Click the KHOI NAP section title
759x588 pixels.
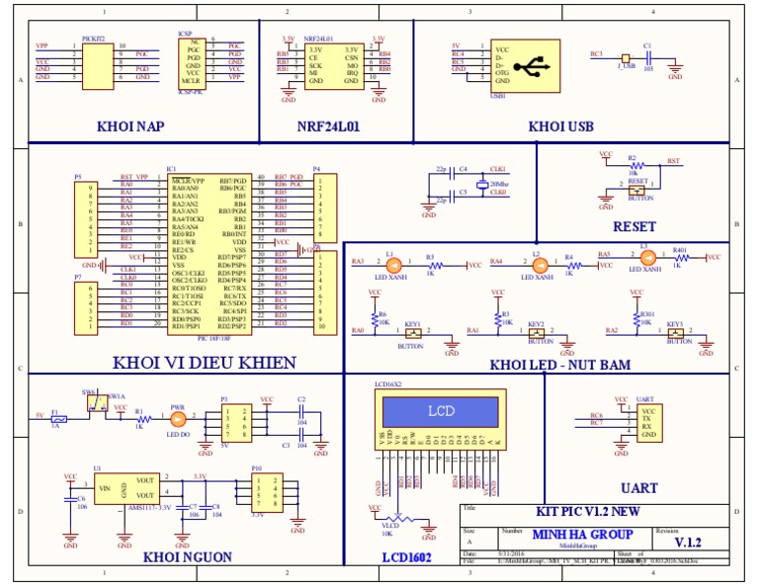pyautogui.click(x=129, y=126)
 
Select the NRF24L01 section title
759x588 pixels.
pyautogui.click(x=328, y=126)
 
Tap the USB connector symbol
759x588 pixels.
pyautogui.click(x=535, y=65)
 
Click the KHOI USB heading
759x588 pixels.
pyautogui.click(x=560, y=126)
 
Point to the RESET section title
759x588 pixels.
pyautogui.click(x=633, y=226)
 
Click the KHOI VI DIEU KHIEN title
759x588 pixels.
pyautogui.click(x=204, y=363)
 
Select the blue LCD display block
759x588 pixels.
pyautogui.click(x=441, y=410)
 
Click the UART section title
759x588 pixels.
pyautogui.click(x=638, y=488)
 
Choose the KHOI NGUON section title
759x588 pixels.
pyautogui.click(x=188, y=557)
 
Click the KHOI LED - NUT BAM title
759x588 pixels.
pyautogui.click(x=559, y=365)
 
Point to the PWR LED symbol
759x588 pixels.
pyautogui.click(x=179, y=419)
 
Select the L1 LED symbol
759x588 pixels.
pyautogui.click(x=391, y=265)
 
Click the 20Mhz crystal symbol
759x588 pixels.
pyautogui.click(x=480, y=184)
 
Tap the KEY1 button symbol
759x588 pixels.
pyautogui.click(x=412, y=334)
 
